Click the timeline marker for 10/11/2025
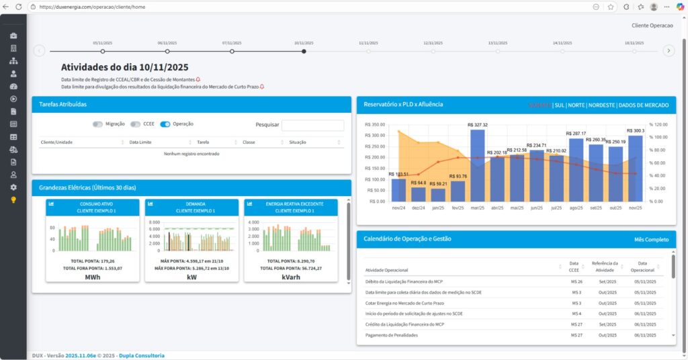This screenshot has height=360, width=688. (304, 51)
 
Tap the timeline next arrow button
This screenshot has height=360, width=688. (669, 50)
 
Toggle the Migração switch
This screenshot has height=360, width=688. (98, 124)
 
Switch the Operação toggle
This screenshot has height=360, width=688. (165, 124)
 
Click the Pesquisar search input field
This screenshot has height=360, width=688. (312, 125)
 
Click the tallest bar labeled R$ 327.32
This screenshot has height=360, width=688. (477, 165)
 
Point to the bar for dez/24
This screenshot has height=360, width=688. (418, 194)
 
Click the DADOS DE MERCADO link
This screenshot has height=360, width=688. (643, 105)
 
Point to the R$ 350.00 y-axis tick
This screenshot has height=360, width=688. (374, 124)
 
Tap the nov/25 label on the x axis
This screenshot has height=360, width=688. (635, 208)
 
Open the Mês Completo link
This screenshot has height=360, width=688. (650, 239)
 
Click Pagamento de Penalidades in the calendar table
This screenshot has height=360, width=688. (392, 335)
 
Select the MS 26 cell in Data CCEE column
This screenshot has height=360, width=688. (576, 281)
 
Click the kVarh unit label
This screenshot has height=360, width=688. (292, 276)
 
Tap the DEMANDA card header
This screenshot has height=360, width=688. (191, 207)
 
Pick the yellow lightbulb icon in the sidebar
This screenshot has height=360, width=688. (13, 199)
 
